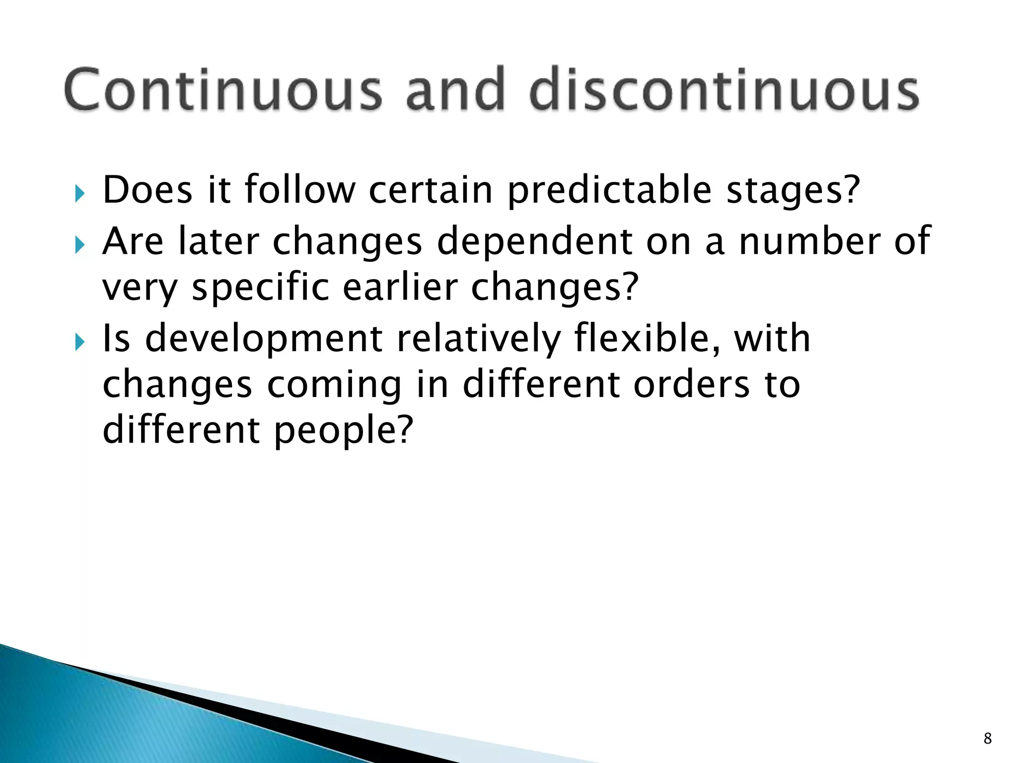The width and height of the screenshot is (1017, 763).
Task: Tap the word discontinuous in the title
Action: tap(724, 89)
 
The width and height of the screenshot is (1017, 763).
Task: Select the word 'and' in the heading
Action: tap(455, 89)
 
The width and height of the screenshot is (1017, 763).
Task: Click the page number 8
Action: tap(987, 738)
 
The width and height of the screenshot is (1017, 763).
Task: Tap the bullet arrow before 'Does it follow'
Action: tap(80, 194)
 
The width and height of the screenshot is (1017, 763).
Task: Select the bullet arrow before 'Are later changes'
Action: tap(80, 244)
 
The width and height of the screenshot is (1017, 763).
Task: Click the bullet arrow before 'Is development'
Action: tap(80, 342)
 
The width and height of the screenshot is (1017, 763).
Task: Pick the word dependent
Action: tap(534, 242)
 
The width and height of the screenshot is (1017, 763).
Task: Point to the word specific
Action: tap(260, 288)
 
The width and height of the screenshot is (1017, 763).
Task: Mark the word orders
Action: tap(691, 385)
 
